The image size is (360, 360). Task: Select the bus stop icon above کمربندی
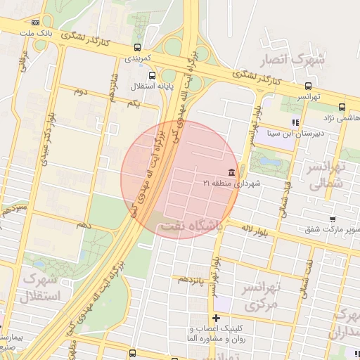click(x=137, y=48)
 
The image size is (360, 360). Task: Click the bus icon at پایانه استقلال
click(x=163, y=76)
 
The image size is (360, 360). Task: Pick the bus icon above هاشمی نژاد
click(x=342, y=107)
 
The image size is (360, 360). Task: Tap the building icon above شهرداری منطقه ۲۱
click(x=231, y=172)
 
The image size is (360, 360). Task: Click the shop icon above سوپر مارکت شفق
click(x=310, y=229)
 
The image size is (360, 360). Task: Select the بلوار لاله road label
click(x=256, y=229)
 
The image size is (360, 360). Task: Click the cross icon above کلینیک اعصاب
click(x=217, y=318)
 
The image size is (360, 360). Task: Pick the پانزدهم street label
click(x=192, y=279)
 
